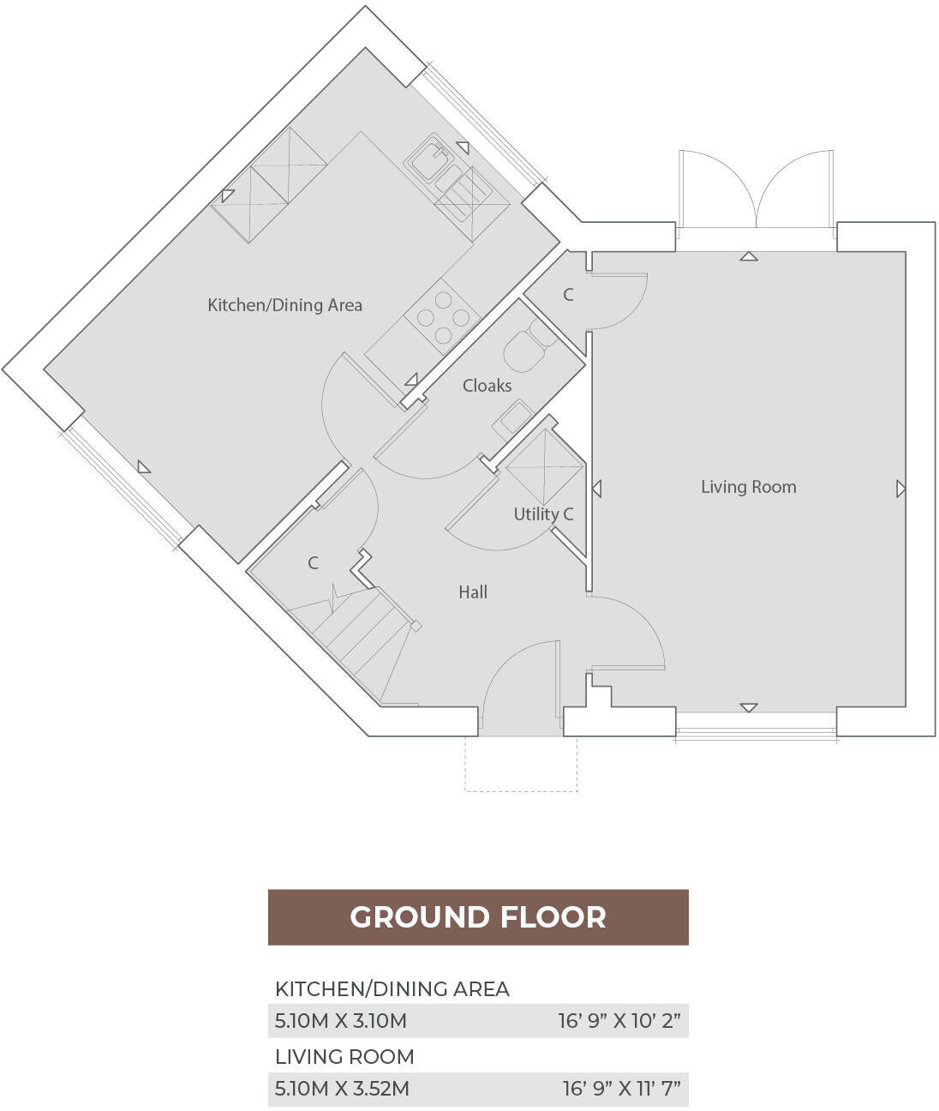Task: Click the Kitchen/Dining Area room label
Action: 284,305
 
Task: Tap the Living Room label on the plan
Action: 748,487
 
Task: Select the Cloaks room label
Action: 487,386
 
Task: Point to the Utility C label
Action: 543,514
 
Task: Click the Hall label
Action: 473,592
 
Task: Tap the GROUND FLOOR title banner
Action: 478,917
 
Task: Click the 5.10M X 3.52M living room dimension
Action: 342,1089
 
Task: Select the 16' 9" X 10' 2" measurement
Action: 619,1021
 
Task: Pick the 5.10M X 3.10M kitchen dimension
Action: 340,1021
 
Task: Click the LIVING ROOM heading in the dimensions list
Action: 344,1056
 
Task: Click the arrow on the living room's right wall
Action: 900,489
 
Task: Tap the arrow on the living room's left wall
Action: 596,489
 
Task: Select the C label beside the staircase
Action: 313,563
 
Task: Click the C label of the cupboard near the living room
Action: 567,295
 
